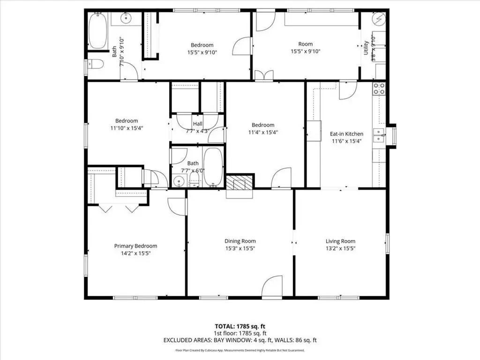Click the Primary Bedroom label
point(135,246)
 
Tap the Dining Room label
point(240,241)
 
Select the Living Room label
point(340,241)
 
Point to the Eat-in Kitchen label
point(346,134)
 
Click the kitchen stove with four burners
point(379,89)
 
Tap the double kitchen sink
point(379,135)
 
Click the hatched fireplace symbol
point(240,182)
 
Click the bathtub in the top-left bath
point(97,30)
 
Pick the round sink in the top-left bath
point(126,18)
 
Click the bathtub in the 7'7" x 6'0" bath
point(213,167)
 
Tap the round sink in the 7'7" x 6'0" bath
point(179,181)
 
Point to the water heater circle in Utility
point(378,19)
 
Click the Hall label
point(197,124)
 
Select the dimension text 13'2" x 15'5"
point(340,248)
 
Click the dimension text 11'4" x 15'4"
point(263,132)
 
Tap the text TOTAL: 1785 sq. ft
point(240,326)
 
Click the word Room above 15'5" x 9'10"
point(306,44)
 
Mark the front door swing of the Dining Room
point(272,285)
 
